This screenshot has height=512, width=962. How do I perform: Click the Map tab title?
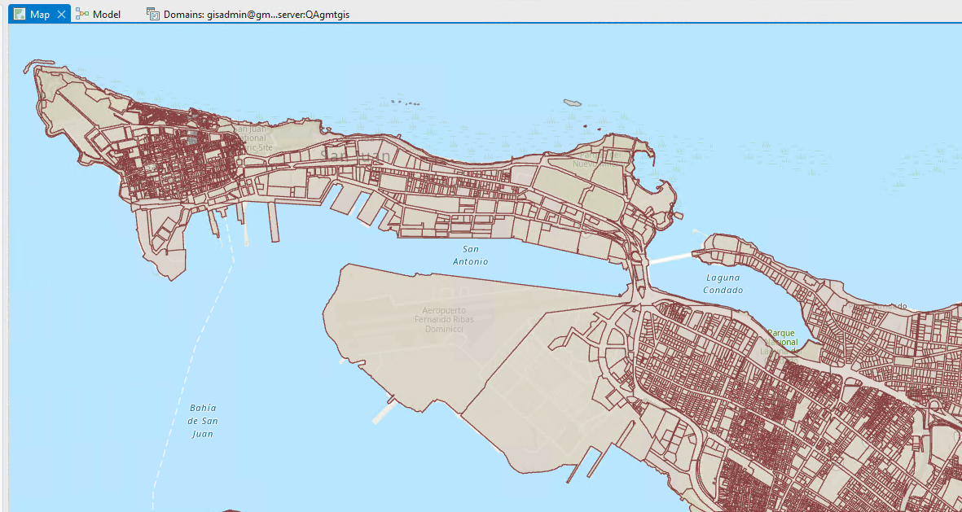pyautogui.click(x=40, y=15)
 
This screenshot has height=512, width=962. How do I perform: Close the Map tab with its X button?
pyautogui.click(x=61, y=15)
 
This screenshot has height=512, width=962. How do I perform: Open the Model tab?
pyautogui.click(x=107, y=15)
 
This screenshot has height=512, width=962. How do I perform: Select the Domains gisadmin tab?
pyautogui.click(x=256, y=15)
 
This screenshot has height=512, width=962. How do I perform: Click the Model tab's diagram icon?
pyautogui.click(x=82, y=14)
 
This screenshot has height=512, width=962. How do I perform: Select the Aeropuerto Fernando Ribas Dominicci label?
pyautogui.click(x=443, y=319)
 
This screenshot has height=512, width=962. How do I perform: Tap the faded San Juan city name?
pyautogui.click(x=355, y=155)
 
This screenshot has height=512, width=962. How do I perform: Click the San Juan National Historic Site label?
pyautogui.click(x=252, y=138)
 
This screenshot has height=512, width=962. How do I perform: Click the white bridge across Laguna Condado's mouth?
pyautogui.click(x=670, y=258)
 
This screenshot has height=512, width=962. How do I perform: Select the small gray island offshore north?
pyautogui.click(x=573, y=103)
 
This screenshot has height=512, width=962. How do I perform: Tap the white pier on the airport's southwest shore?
pyautogui.click(x=382, y=413)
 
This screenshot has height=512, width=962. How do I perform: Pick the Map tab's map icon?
pyautogui.click(x=20, y=14)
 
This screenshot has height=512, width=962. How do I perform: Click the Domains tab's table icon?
pyautogui.click(x=152, y=14)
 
